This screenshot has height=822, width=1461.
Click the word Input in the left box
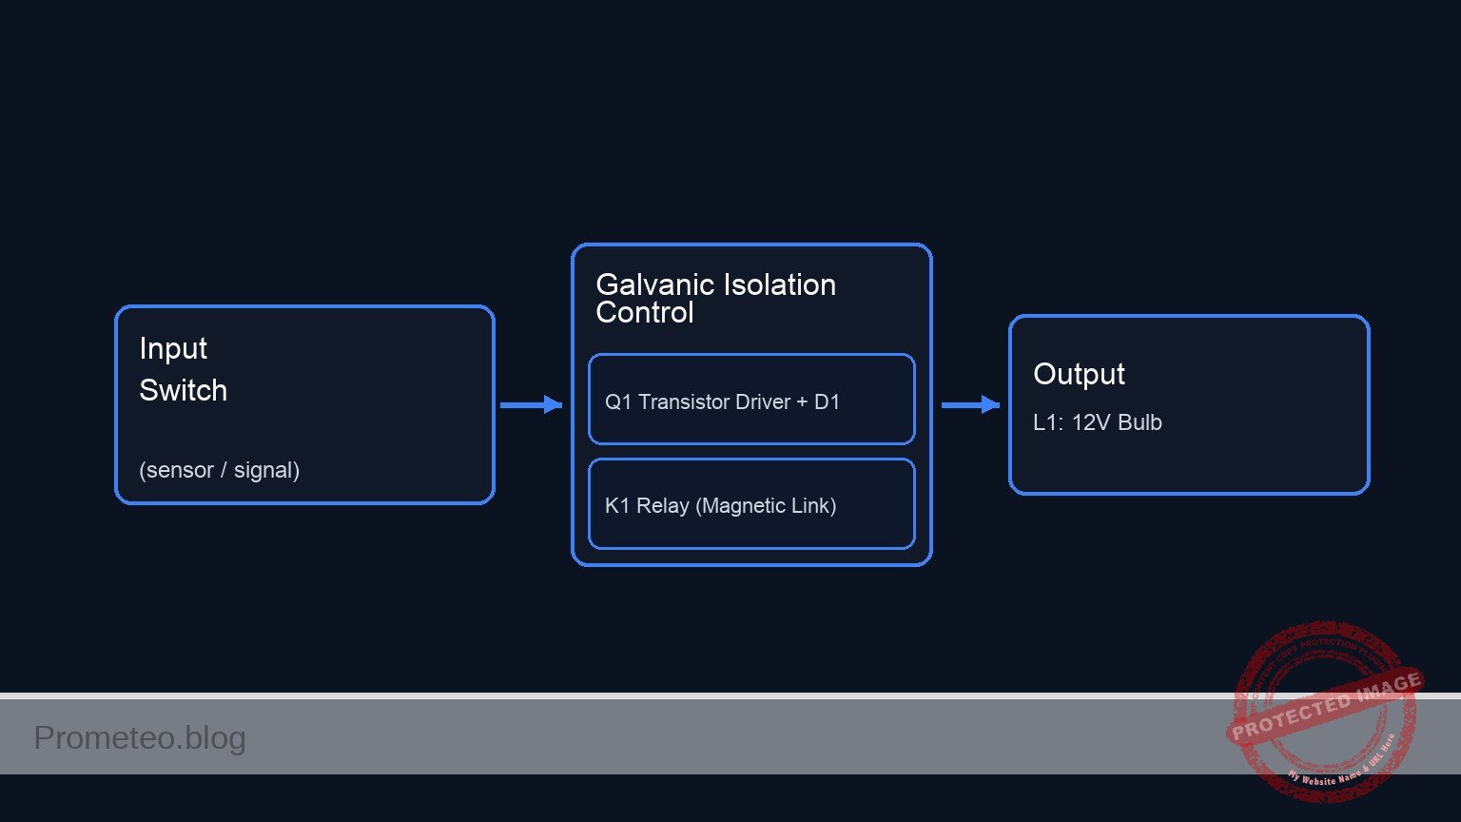click(x=173, y=349)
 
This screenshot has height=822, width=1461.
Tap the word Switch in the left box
click(x=183, y=390)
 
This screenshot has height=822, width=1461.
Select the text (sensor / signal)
click(x=219, y=470)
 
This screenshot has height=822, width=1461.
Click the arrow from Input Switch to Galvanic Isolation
click(x=531, y=405)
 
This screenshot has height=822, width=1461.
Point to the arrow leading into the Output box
click(x=970, y=405)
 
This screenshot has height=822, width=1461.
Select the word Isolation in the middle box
click(x=782, y=285)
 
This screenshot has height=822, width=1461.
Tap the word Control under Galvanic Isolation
click(x=644, y=313)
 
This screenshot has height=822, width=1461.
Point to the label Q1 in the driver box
click(x=618, y=402)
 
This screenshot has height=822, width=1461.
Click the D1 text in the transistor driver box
click(x=827, y=402)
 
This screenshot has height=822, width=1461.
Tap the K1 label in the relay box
click(x=617, y=506)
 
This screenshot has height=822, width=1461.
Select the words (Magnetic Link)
click(x=766, y=506)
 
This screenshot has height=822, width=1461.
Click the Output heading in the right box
click(x=1079, y=375)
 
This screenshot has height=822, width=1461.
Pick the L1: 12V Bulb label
click(x=1097, y=422)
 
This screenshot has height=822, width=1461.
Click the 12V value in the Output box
click(x=1091, y=422)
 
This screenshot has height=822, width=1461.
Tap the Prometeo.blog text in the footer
click(x=140, y=738)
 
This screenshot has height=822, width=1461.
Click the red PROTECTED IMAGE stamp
click(x=1324, y=710)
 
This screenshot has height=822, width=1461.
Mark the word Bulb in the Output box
click(x=1140, y=422)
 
